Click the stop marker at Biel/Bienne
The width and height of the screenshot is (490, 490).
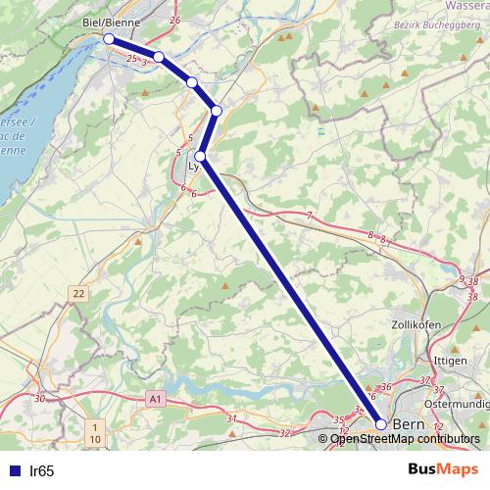[109, 38]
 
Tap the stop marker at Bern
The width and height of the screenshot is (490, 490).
[381, 424]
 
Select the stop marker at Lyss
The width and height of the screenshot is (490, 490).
[200, 156]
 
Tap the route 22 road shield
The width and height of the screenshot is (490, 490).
[78, 292]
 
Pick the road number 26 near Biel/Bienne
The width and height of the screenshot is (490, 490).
[175, 20]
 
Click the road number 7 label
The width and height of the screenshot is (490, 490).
[309, 215]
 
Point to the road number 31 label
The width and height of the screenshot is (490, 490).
[231, 418]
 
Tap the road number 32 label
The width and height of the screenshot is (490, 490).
[285, 431]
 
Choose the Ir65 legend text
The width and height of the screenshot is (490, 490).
[42, 470]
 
